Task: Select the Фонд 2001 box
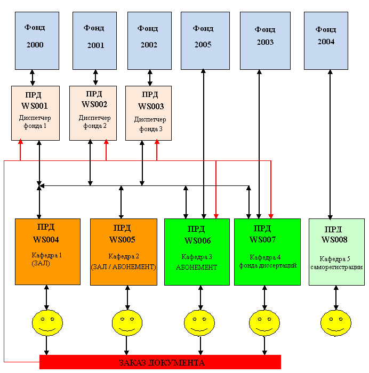[x=95, y=40]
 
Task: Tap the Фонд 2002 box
[x=149, y=40]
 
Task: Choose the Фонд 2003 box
[x=264, y=40]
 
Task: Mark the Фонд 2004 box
[x=326, y=40]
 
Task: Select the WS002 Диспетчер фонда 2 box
[x=94, y=113]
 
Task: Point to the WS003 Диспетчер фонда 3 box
[x=149, y=113]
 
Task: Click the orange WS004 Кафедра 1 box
[x=47, y=252]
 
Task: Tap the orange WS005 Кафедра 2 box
[x=124, y=252]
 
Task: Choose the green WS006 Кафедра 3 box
[x=197, y=252]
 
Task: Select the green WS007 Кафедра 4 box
[x=266, y=252]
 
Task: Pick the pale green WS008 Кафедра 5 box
[x=336, y=252]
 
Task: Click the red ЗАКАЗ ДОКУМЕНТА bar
[x=160, y=362]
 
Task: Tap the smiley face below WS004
[x=47, y=322]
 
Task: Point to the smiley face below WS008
[x=336, y=322]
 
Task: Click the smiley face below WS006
[x=199, y=322]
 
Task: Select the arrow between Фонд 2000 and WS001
[x=33, y=77]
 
